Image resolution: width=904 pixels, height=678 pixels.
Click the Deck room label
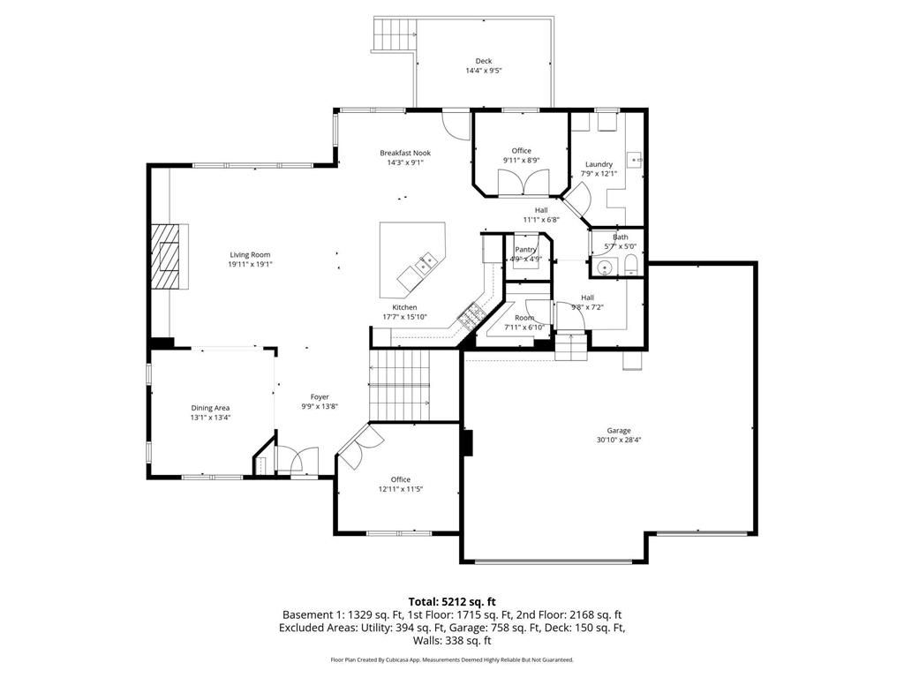(x=483, y=61)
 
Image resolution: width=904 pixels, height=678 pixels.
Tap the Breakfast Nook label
(x=405, y=152)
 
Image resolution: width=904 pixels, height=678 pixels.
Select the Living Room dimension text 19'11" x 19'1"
(x=251, y=264)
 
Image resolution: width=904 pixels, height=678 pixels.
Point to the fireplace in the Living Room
(x=169, y=256)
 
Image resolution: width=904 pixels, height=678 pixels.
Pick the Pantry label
(x=525, y=250)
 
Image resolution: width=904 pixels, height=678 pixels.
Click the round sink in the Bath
(x=606, y=267)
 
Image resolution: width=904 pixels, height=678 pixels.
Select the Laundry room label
(x=598, y=164)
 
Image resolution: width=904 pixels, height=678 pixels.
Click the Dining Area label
(x=210, y=408)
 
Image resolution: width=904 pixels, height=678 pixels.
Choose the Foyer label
(x=319, y=396)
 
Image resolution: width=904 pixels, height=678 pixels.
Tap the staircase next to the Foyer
(x=399, y=383)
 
